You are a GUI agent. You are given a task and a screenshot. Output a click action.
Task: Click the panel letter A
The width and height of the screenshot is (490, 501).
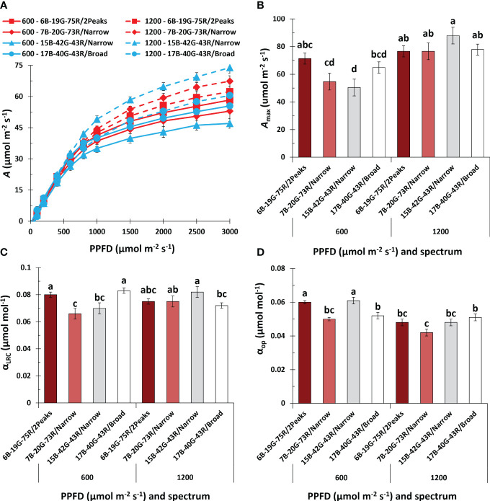(x=6, y=6)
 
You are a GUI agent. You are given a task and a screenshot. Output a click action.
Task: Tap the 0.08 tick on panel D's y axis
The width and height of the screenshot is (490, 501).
(x=273, y=267)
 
